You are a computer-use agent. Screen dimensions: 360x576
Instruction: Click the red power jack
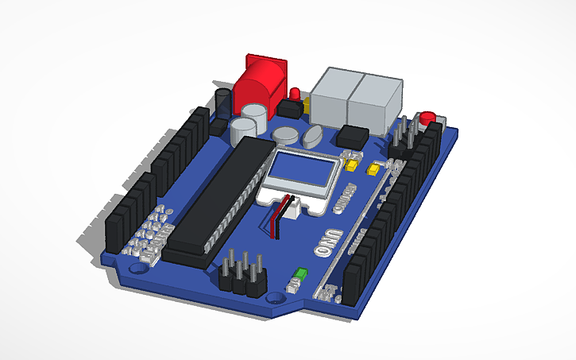[x=261, y=80]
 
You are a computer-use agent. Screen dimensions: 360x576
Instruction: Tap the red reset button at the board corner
[x=429, y=118]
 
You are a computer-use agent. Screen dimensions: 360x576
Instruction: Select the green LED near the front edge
[x=300, y=276]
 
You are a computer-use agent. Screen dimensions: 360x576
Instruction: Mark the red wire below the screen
[x=276, y=223]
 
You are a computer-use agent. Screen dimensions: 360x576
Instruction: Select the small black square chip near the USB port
[x=353, y=135]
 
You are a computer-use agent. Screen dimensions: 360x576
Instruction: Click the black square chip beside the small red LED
[x=287, y=107]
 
